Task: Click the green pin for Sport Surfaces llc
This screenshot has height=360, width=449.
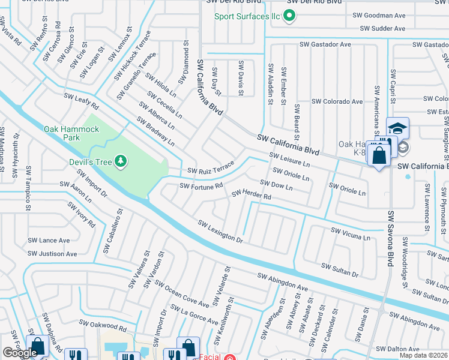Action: pyautogui.click(x=289, y=16)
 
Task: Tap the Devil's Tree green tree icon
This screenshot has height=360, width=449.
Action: pyautogui.click(x=121, y=160)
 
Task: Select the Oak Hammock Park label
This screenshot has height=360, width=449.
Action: pyautogui.click(x=71, y=133)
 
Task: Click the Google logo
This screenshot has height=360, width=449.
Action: pyautogui.click(x=20, y=353)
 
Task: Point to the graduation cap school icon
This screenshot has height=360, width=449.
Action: pyautogui.click(x=397, y=128)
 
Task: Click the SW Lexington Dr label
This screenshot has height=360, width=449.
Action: pyautogui.click(x=220, y=230)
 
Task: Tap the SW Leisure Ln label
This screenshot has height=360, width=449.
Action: pyautogui.click(x=289, y=160)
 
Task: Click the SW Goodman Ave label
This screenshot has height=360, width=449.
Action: pyautogui.click(x=379, y=15)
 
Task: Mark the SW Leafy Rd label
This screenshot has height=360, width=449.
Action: pyautogui.click(x=81, y=100)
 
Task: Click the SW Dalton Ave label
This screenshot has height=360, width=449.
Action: pyautogui.click(x=411, y=349)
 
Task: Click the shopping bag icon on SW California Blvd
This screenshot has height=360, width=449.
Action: pyautogui.click(x=379, y=156)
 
